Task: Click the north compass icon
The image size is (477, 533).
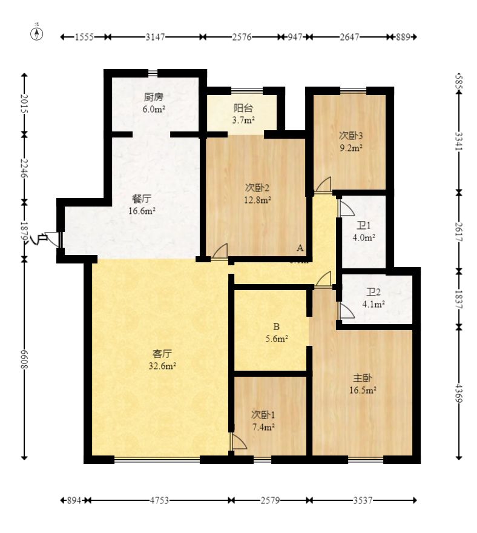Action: click(38, 33)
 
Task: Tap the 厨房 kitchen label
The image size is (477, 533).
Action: click(153, 97)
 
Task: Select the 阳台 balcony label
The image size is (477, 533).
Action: click(243, 108)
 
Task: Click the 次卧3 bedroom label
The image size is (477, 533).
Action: click(350, 136)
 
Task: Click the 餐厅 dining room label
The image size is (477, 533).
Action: click(142, 199)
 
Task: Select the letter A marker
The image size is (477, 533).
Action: click(299, 248)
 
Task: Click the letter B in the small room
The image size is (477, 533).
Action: click(276, 326)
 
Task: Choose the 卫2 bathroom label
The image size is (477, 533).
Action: click(373, 292)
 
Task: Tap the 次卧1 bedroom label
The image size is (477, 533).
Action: click(263, 415)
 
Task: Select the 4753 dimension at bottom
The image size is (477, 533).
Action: click(159, 501)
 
